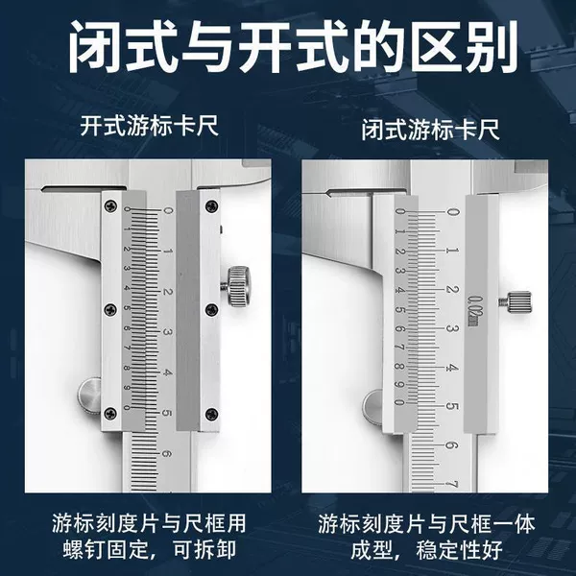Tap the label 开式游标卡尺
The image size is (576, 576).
point(150,126)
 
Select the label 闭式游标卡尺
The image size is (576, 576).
point(430,129)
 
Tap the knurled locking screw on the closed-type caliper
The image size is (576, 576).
point(516,302)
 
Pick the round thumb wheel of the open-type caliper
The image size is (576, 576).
point(89,397)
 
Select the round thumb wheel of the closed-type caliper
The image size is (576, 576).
point(372,407)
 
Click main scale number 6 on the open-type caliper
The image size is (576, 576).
point(167,454)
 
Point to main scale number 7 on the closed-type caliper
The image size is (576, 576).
point(453,484)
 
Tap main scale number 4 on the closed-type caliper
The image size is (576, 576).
point(452,368)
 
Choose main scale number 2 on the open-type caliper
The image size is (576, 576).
point(167,292)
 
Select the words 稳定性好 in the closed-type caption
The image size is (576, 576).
point(459,550)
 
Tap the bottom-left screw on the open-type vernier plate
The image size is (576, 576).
point(110,413)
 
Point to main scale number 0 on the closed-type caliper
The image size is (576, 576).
point(452,212)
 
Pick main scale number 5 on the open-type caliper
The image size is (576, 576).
point(167,413)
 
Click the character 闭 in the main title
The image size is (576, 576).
point(96,46)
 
